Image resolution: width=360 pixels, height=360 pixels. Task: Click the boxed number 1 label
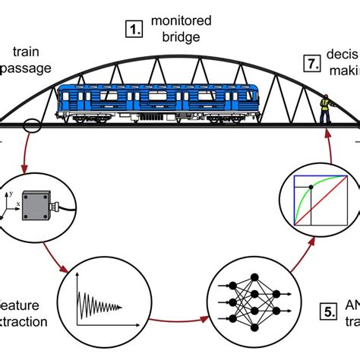coord(134,31)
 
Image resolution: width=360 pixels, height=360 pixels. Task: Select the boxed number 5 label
coord(326,311)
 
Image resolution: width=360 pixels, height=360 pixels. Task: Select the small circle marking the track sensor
coord(33,124)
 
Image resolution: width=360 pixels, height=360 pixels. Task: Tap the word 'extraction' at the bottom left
coord(23,321)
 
